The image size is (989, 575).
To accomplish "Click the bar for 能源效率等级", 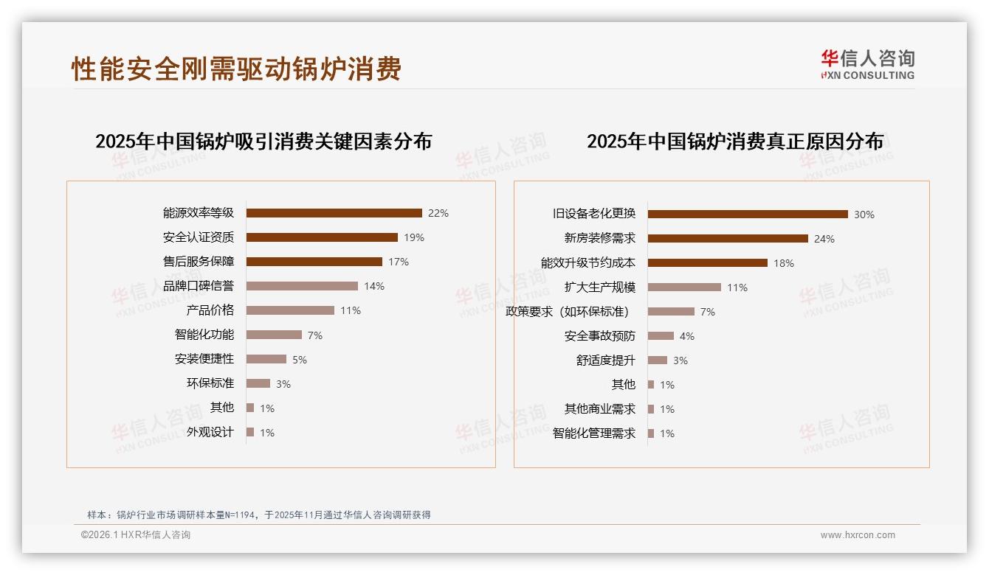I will click(x=334, y=213).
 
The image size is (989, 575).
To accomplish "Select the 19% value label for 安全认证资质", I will click(x=414, y=237).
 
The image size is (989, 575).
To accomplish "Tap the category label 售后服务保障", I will click(x=199, y=262).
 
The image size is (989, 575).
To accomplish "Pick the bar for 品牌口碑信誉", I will click(x=302, y=286).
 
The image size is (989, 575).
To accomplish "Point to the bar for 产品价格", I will click(x=290, y=310).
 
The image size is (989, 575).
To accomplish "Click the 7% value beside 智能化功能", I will click(x=315, y=335).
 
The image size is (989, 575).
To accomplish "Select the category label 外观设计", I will click(x=210, y=432).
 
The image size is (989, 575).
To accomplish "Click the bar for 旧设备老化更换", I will click(x=748, y=215).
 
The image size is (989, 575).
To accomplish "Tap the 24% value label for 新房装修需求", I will click(x=824, y=239).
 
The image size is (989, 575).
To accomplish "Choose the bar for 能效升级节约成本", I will click(x=707, y=262).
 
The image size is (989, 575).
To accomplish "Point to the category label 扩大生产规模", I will click(x=600, y=287).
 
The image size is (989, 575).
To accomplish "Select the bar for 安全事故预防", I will click(x=661, y=336).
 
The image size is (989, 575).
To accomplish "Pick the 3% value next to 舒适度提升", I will click(x=680, y=360).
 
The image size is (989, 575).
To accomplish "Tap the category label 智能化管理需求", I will click(x=594, y=433).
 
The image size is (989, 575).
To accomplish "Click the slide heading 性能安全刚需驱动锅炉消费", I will click(x=236, y=69).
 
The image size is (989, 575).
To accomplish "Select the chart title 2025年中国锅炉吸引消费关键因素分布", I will click(x=263, y=142).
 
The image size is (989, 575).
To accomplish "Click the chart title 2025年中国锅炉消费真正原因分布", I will click(x=735, y=142).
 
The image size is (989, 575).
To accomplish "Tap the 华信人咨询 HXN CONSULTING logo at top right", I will click(x=867, y=65).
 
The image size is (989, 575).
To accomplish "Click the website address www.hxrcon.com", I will click(x=858, y=535).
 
